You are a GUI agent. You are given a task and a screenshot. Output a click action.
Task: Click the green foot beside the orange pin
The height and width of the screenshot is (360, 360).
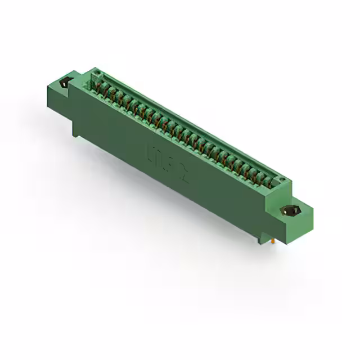262,238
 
